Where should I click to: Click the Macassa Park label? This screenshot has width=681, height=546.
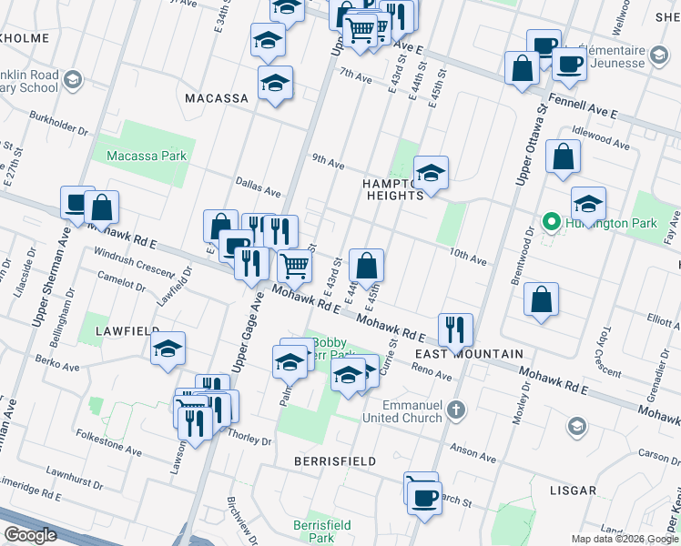(x=146, y=156)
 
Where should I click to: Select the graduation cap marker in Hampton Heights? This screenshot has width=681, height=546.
(x=431, y=171)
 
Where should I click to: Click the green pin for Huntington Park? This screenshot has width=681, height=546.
(x=550, y=222)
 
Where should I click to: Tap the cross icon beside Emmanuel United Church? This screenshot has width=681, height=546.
(x=458, y=410)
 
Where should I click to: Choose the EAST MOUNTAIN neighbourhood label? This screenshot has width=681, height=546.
(x=469, y=353)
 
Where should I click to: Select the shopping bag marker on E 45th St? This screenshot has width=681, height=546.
(x=366, y=266)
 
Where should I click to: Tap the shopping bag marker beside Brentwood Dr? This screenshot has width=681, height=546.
(x=541, y=299)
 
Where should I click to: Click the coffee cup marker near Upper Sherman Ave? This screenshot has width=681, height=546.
(x=76, y=203)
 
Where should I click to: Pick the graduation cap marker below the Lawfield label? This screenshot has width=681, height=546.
(x=168, y=349)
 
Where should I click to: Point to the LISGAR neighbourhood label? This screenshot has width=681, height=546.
(x=573, y=490)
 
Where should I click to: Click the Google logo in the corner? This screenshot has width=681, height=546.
(x=30, y=535)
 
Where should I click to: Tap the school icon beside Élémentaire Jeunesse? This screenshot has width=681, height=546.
(x=658, y=56)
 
